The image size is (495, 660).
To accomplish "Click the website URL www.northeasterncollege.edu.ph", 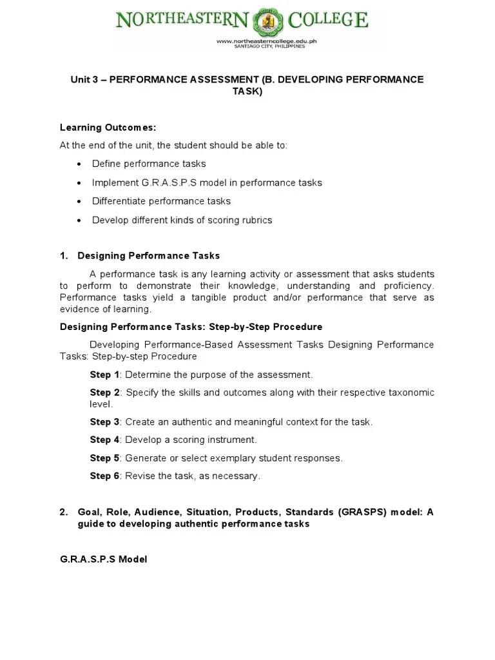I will click(x=267, y=41).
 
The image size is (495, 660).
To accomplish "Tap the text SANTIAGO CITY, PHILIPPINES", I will click(x=267, y=47).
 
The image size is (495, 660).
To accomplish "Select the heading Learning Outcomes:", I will click(x=108, y=127).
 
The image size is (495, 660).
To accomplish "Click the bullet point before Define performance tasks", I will click(x=79, y=164).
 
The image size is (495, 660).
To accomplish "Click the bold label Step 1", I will click(x=104, y=374).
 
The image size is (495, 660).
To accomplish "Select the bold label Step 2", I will click(x=104, y=393).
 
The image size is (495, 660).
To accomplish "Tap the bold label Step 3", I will click(x=104, y=422).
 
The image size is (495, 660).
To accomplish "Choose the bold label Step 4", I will click(x=104, y=440).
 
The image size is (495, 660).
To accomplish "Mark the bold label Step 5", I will click(x=104, y=458).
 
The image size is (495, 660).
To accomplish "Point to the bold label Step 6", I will click(x=104, y=476).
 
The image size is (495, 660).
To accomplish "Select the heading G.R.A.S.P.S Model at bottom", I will click(x=103, y=559).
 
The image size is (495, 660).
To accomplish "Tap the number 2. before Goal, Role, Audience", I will click(x=64, y=512).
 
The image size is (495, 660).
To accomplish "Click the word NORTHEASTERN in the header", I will click(x=182, y=21).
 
